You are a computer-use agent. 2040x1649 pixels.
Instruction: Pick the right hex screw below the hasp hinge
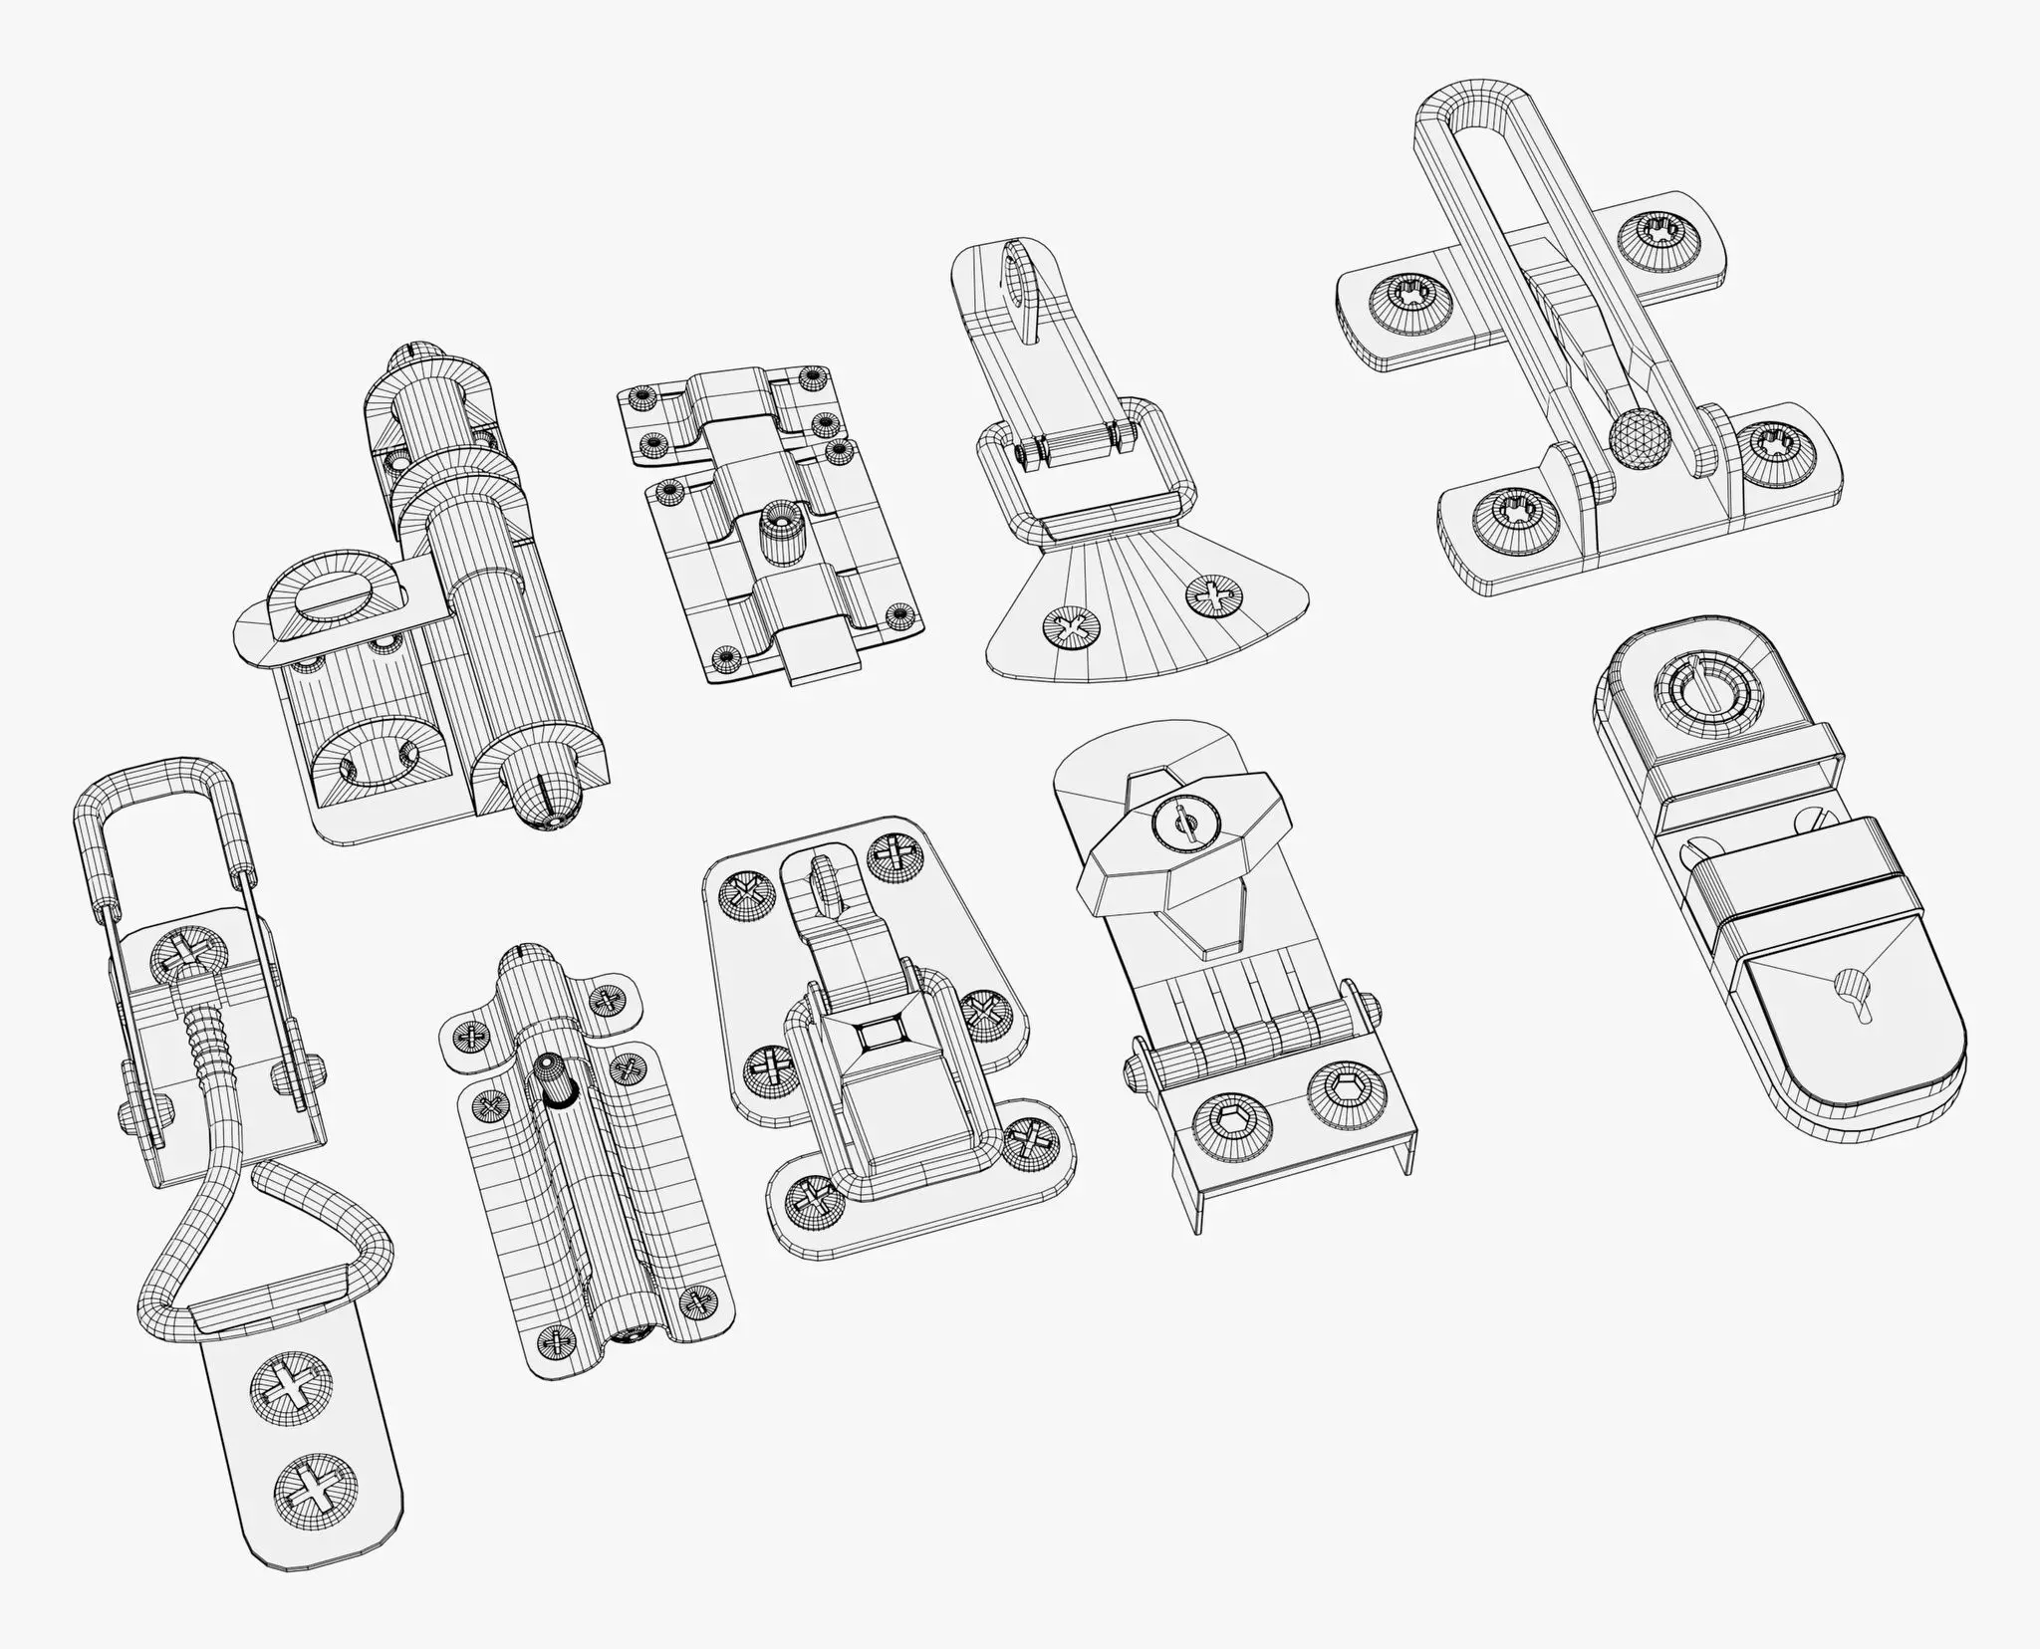pyautogui.click(x=1338, y=1096)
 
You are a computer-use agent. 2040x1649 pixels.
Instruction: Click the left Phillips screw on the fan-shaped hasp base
pyautogui.click(x=1072, y=629)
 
